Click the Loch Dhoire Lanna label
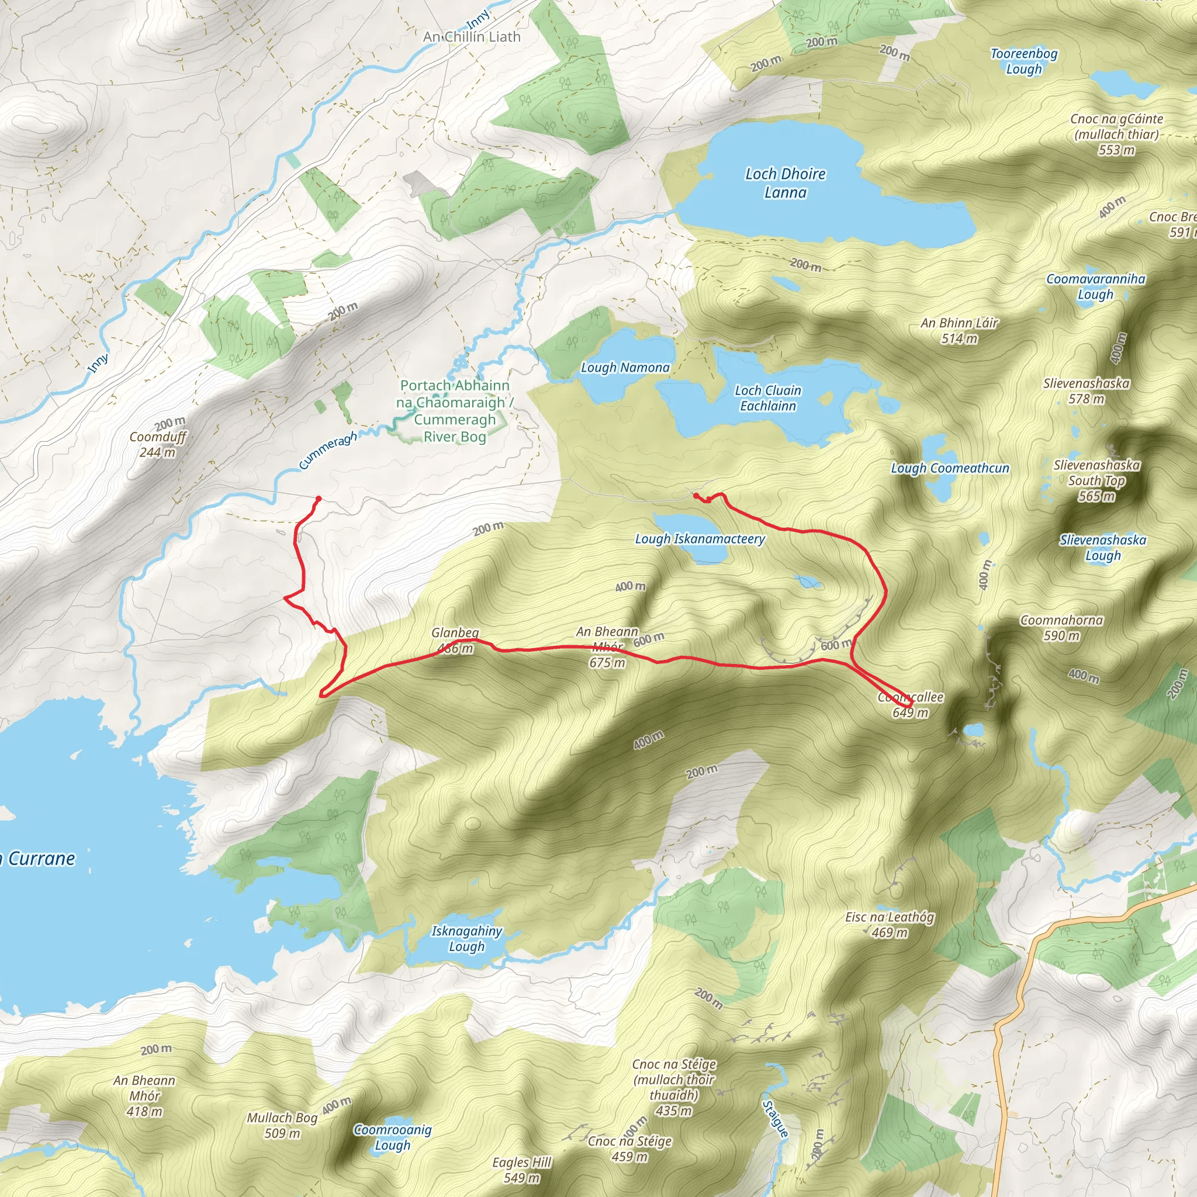click(785, 183)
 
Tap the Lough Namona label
click(625, 368)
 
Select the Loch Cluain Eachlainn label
click(767, 398)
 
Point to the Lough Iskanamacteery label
click(700, 539)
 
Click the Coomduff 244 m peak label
click(157, 444)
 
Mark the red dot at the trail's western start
click(319, 499)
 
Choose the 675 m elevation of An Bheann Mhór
click(607, 662)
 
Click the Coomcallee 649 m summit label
click(910, 704)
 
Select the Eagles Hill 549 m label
click(522, 1170)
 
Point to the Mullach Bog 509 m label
click(282, 1125)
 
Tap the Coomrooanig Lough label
click(392, 1137)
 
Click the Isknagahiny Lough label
click(466, 938)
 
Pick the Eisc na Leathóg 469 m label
click(889, 925)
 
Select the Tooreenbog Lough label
click(1023, 61)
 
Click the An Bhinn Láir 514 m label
click(959, 330)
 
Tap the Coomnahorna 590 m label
click(1061, 628)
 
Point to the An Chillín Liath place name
click(472, 37)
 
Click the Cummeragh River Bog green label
click(455, 411)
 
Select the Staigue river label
click(775, 1118)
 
